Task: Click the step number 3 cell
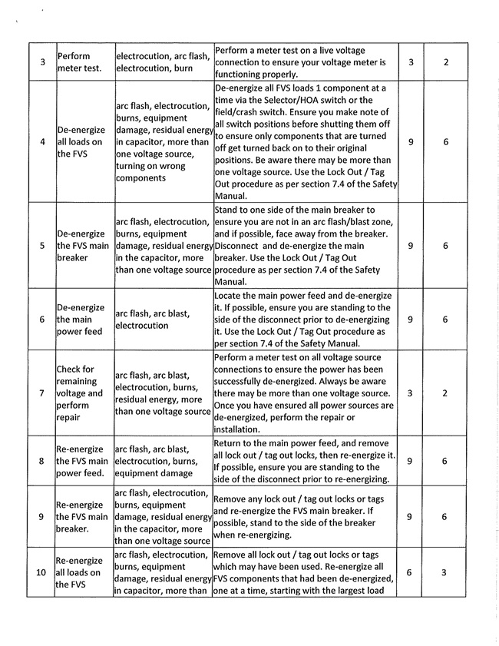(41, 62)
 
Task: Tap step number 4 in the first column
(41, 142)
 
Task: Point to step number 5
(41, 246)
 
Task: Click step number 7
(41, 393)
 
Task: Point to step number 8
(41, 461)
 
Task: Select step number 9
(41, 517)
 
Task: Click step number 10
(41, 572)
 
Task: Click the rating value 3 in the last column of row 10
(445, 572)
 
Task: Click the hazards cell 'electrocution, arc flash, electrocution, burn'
(162, 62)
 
